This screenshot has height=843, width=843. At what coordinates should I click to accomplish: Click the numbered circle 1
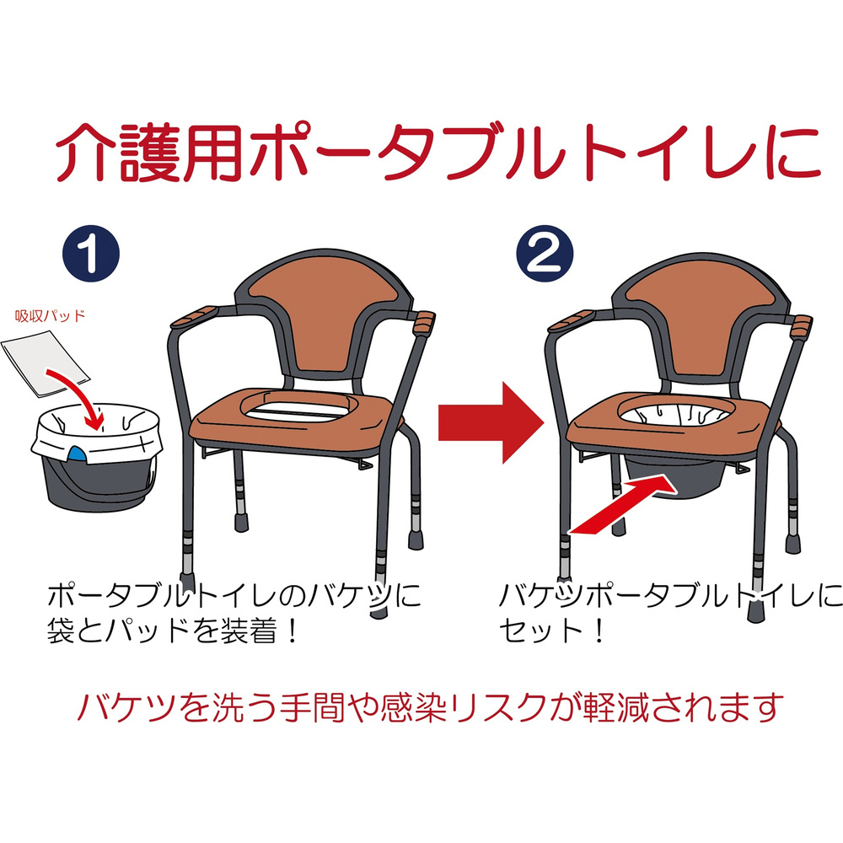[x=91, y=253]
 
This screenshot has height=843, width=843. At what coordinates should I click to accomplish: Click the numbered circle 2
[x=545, y=253]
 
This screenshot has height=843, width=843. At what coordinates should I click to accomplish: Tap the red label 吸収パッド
[x=50, y=315]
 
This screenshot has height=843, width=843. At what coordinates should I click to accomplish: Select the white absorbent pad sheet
[x=46, y=363]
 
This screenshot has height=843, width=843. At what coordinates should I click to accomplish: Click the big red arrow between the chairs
[x=491, y=423]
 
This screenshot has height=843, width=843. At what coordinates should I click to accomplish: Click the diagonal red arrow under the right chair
[x=623, y=505]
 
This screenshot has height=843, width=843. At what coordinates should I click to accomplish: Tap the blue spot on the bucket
[x=77, y=454]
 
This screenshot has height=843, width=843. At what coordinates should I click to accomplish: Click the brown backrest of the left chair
[x=325, y=317]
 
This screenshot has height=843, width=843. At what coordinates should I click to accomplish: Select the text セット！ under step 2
[x=551, y=630]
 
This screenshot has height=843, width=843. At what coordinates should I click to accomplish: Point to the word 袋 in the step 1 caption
[x=62, y=630]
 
